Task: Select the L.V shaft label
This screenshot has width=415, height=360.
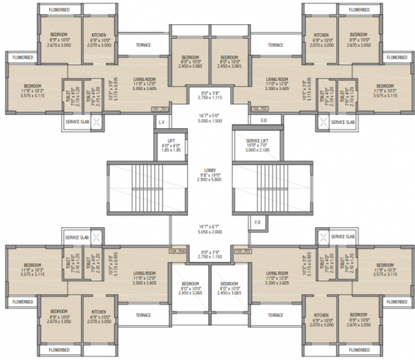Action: [x=162, y=123]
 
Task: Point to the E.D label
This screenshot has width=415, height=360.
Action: [x=263, y=120]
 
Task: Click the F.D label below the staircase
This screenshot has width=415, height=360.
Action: [x=257, y=222]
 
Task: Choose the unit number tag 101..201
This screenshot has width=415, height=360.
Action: [x=160, y=109]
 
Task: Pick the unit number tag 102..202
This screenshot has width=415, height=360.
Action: [x=259, y=109]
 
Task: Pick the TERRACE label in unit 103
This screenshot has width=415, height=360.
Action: [x=275, y=315]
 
